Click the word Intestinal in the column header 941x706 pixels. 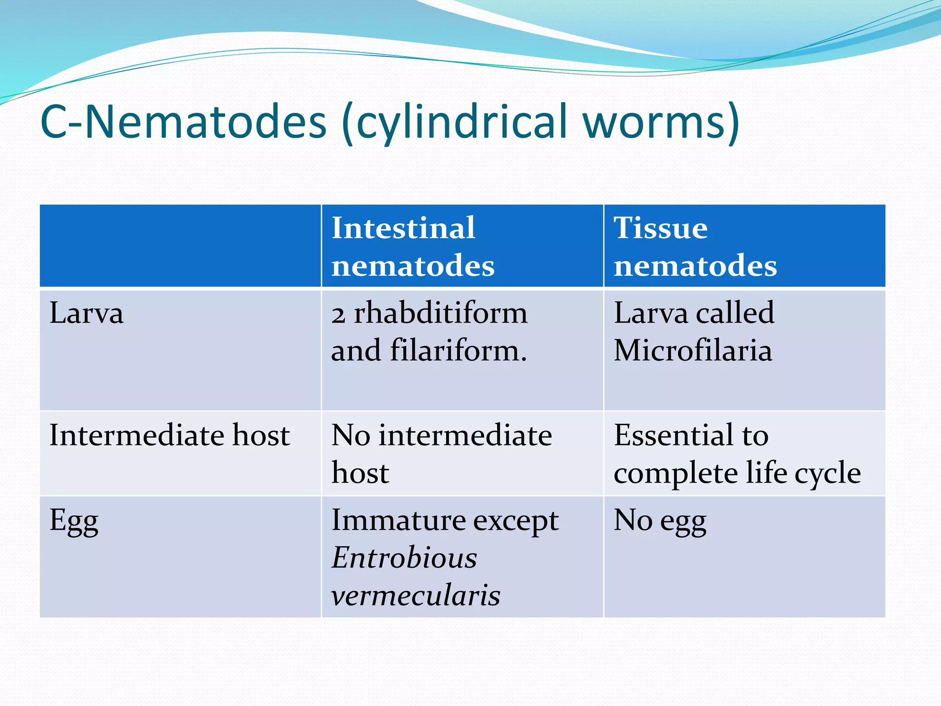coord(403,228)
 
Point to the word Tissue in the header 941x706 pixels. coord(660,228)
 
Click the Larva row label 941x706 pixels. coord(86,313)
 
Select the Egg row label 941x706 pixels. coord(74,522)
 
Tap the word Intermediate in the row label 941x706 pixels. coord(136,435)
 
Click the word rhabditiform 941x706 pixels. coord(440,313)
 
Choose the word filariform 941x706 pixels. coord(458,351)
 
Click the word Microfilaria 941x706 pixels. coord(693,351)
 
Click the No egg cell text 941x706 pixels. coord(660,522)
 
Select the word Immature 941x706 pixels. coord(398,521)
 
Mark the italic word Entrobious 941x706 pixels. coord(404,558)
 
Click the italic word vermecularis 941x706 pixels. coord(415,596)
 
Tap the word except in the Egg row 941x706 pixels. coord(516,522)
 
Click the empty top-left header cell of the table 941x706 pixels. coord(180,246)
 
